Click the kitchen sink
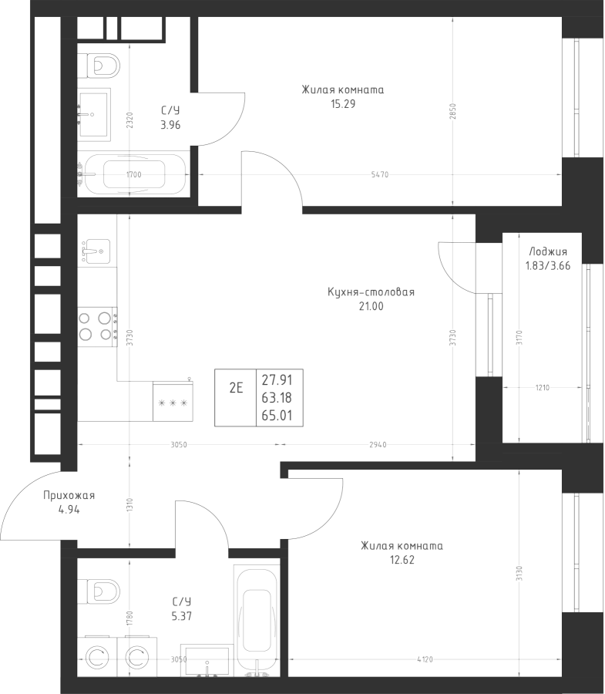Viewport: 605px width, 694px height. [96, 250]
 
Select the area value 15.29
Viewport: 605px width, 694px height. [342, 104]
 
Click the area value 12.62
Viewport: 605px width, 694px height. [402, 560]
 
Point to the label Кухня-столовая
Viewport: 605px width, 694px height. [371, 292]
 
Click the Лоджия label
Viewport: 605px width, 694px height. [548, 252]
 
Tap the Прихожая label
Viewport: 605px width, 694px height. [69, 496]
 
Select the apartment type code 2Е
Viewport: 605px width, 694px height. [236, 388]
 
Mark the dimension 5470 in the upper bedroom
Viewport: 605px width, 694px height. [379, 175]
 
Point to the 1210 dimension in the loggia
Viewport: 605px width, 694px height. [541, 388]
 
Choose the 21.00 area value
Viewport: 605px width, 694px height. [371, 306]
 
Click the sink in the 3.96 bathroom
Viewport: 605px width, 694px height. [95, 112]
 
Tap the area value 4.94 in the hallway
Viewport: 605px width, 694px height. [69, 510]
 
